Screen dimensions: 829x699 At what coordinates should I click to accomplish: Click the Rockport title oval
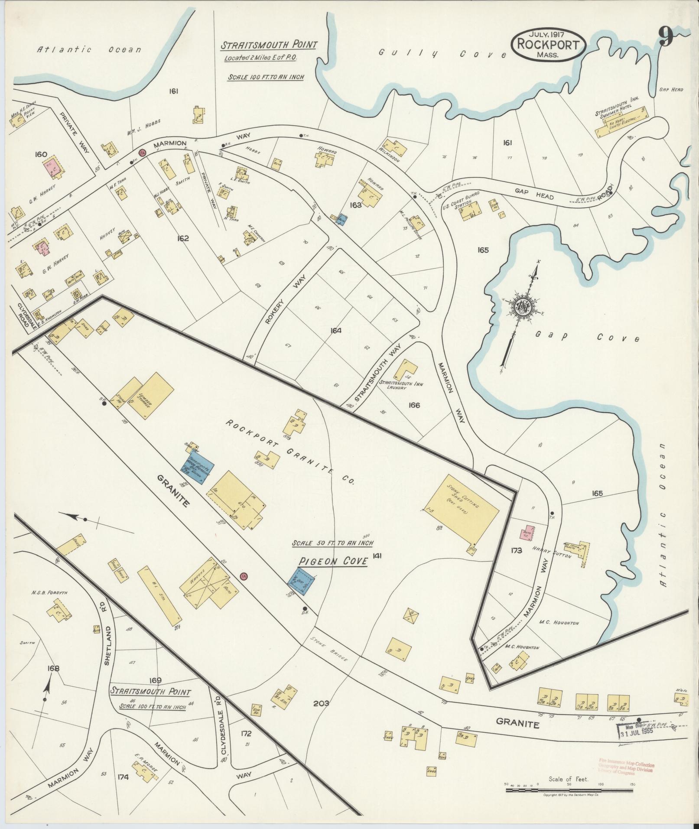pos(548,45)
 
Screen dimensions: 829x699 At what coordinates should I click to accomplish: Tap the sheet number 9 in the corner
pos(666,36)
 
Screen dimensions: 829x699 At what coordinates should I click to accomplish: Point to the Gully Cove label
pos(442,54)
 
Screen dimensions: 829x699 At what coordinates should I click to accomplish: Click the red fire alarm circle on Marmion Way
pos(141,152)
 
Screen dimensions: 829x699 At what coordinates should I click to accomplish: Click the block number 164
pos(336,331)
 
